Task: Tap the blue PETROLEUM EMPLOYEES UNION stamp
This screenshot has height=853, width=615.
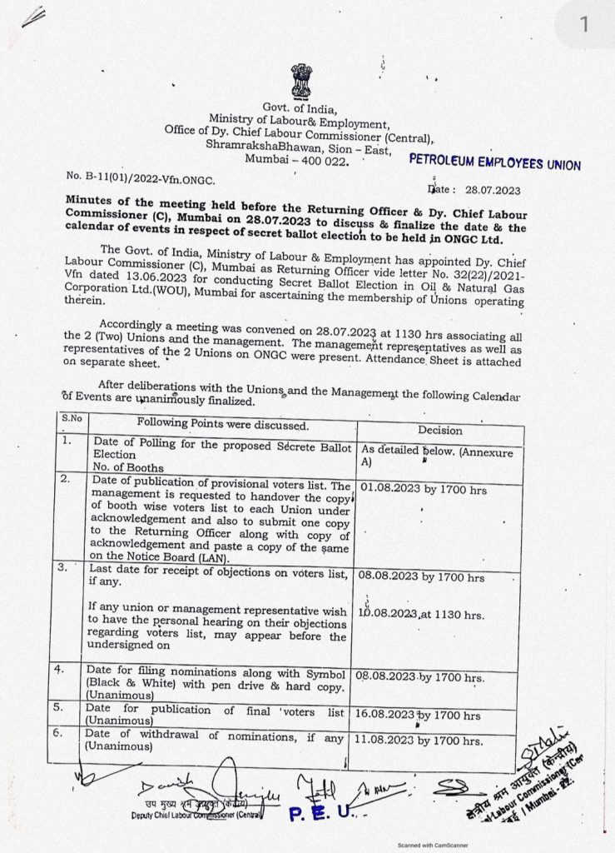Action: point(495,163)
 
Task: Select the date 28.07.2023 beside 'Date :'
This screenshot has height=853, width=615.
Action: point(493,190)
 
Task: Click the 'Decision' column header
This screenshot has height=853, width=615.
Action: point(440,430)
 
